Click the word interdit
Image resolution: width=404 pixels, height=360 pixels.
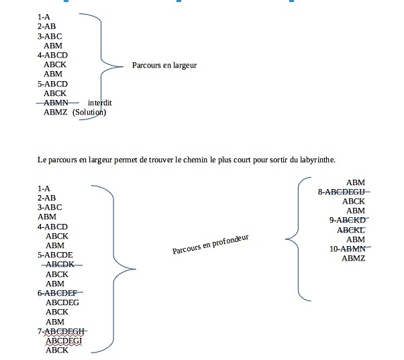[99, 103]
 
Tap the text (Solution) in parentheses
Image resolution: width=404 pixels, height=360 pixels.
[89, 113]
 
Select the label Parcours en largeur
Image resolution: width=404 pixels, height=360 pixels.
[164, 66]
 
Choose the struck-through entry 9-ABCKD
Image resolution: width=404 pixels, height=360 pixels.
[347, 220]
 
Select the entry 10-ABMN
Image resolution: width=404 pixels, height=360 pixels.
[346, 249]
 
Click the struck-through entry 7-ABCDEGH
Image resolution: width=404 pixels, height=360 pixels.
[62, 331]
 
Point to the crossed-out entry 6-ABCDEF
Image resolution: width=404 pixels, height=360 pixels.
[58, 293]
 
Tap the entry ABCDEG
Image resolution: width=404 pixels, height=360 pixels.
[62, 302]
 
